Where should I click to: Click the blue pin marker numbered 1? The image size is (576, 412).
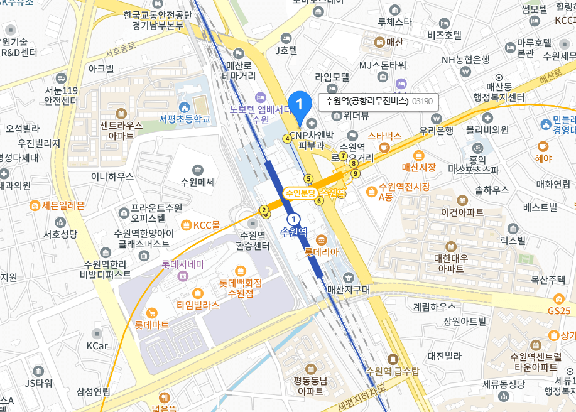[300, 103]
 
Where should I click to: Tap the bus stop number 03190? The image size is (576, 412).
[422, 101]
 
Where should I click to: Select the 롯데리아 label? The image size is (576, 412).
[322, 252]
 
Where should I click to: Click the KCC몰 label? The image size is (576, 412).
[206, 225]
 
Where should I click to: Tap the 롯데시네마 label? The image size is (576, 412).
[183, 264]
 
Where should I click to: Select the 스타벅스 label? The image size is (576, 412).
[384, 135]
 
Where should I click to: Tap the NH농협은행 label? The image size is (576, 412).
[465, 60]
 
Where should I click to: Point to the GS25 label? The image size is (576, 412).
[558, 311]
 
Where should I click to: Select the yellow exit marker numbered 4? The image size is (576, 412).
[287, 139]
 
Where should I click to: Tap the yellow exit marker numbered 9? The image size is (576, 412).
[356, 173]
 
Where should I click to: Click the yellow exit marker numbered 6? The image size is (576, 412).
[319, 201]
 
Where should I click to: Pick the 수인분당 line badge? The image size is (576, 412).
[300, 193]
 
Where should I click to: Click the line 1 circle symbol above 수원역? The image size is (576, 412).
[293, 218]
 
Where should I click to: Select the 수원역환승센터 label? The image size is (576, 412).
[253, 241]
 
